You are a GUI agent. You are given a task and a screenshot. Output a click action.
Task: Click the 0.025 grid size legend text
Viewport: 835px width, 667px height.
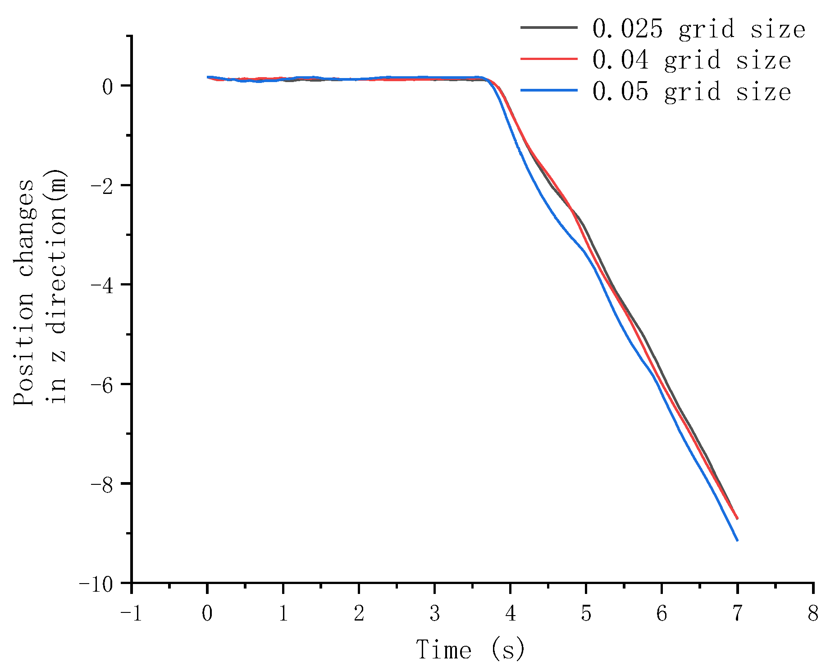pos(698,29)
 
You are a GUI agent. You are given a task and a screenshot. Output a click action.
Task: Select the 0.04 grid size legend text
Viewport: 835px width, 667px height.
pos(691,60)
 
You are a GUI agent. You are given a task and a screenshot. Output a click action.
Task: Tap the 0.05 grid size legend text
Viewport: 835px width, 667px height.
pos(691,92)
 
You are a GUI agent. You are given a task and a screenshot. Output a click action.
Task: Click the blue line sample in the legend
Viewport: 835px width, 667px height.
pos(549,91)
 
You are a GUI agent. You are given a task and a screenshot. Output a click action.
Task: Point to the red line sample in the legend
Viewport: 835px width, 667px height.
pos(549,59)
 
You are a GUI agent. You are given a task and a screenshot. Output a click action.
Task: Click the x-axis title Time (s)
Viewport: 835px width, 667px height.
pos(470,649)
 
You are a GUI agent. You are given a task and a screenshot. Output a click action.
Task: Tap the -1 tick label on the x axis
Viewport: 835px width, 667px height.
pos(131,614)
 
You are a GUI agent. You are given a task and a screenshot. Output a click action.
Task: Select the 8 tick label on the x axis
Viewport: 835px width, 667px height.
pos(813,614)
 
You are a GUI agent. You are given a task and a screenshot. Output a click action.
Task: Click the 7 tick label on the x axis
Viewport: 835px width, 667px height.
pos(737,614)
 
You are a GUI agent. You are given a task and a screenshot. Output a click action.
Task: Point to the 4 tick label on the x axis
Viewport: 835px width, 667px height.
pos(510,614)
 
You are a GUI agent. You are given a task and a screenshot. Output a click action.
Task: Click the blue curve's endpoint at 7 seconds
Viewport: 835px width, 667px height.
pos(737,540)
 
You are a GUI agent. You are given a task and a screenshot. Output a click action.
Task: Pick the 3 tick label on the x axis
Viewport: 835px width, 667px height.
pos(434,614)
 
